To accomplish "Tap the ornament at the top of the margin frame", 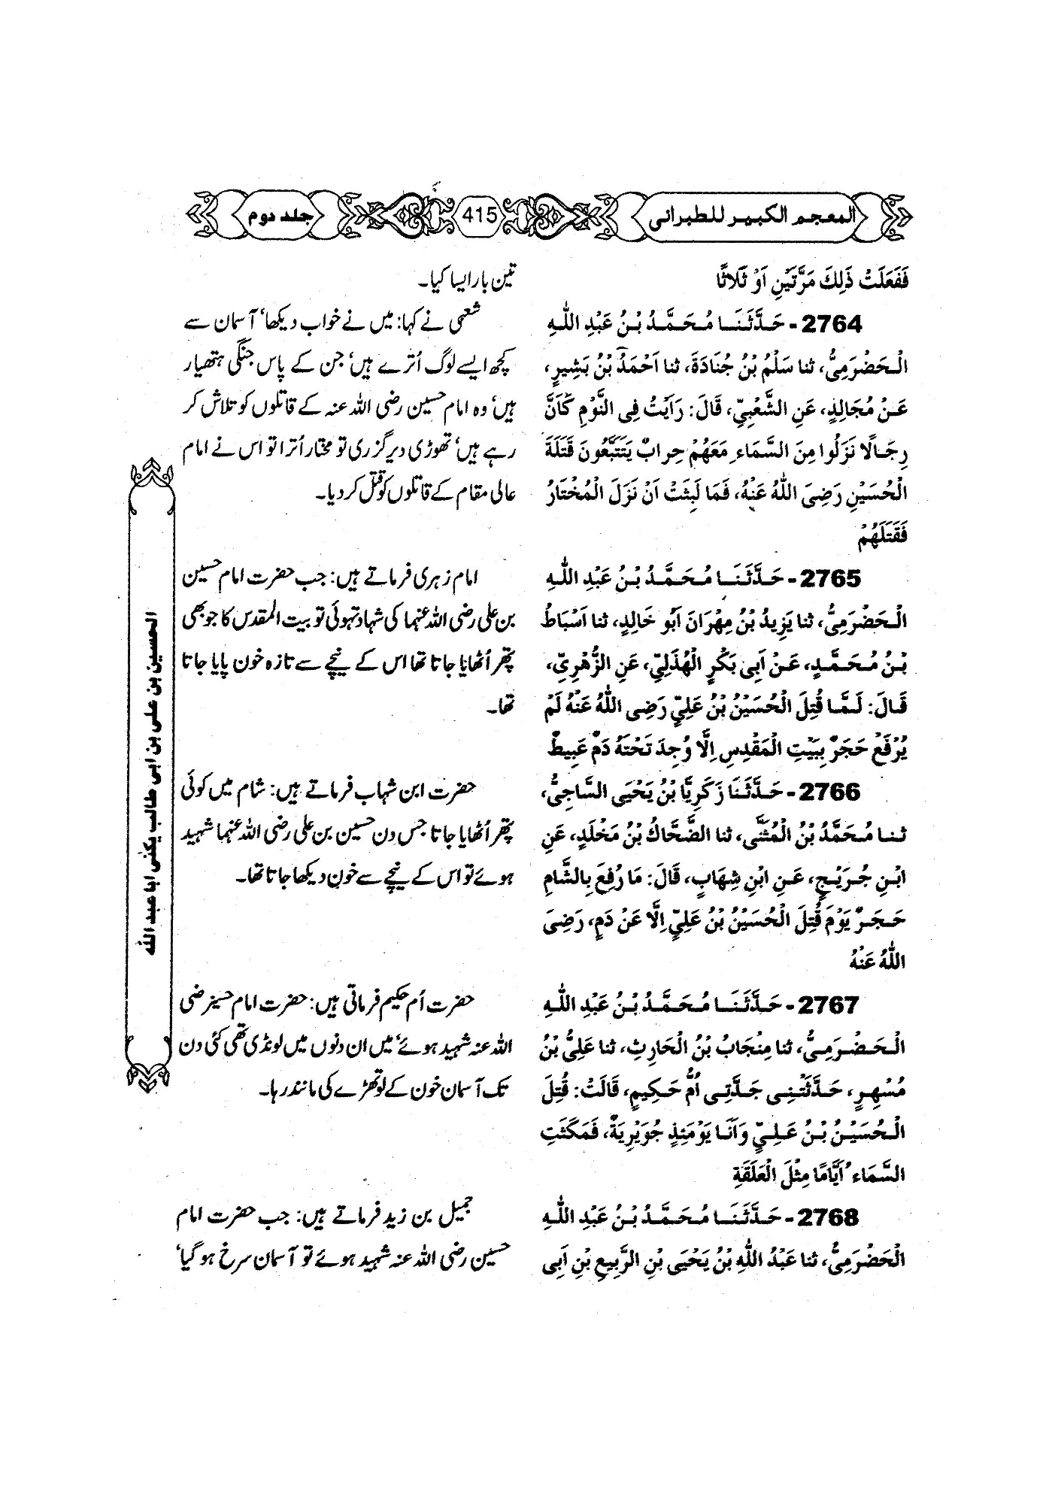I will pos(153,474).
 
